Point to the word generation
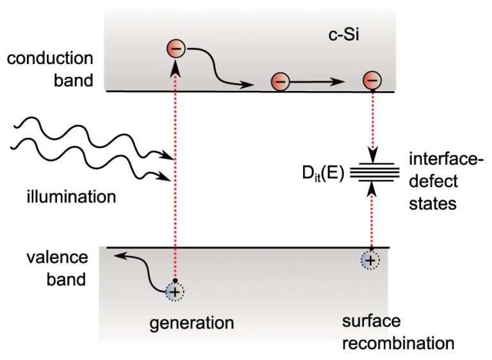[x=192, y=322]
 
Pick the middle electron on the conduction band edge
[x=279, y=82]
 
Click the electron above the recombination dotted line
[x=372, y=81]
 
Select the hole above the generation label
[x=174, y=291]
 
